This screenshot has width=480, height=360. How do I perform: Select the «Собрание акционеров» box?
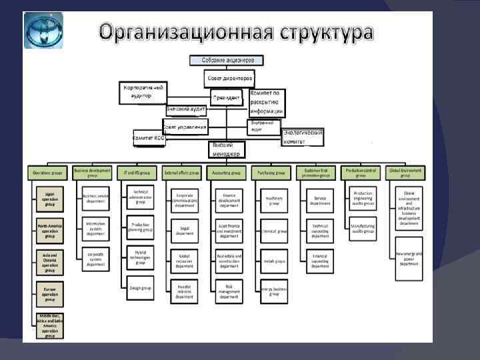233,60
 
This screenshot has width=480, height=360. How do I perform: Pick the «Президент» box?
227,97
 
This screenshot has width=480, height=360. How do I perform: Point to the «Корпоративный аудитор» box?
143,92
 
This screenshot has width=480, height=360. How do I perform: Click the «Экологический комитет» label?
303,137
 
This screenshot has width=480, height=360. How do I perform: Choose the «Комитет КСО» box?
148,137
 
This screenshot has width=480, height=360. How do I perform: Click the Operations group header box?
48,173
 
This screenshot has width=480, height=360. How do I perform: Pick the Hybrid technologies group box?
140,258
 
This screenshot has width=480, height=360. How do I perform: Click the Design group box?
140,287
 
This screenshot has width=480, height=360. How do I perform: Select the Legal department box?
184,230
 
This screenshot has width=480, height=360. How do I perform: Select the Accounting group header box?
228,173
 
